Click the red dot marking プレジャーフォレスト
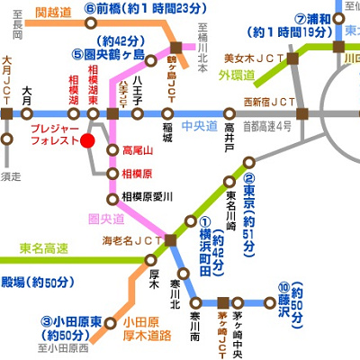pos(87,140)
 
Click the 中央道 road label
pos(198,125)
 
